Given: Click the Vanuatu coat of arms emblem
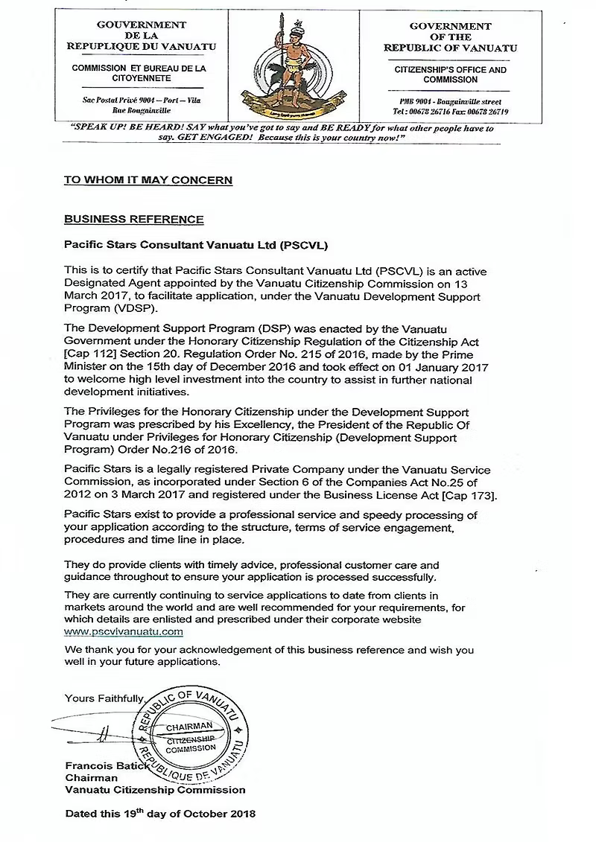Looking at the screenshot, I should pyautogui.click(x=288, y=66).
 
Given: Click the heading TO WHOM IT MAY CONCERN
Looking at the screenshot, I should pyautogui.click(x=148, y=180).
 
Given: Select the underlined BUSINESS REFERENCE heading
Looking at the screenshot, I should pyautogui.click(x=133, y=220).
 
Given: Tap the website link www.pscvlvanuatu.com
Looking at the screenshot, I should pyautogui.click(x=124, y=631).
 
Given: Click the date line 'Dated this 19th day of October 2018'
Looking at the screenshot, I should pyautogui.click(x=160, y=814).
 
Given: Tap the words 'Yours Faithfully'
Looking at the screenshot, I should pyautogui.click(x=104, y=698).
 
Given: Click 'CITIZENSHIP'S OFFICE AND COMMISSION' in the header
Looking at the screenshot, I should pyautogui.click(x=451, y=74).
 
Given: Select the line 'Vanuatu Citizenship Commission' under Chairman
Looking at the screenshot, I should pyautogui.click(x=155, y=790).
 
